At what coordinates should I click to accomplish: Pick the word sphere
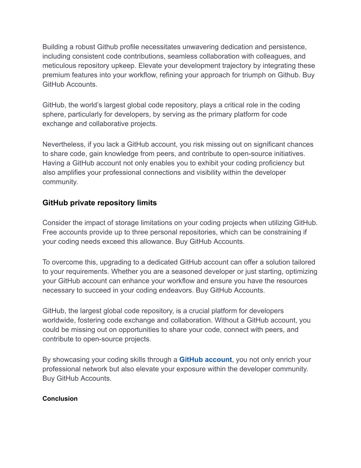53,114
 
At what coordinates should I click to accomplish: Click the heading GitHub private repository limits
99,203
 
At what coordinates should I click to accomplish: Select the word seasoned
185,272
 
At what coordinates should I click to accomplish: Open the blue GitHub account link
206,360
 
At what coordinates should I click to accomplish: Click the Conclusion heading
60,398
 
